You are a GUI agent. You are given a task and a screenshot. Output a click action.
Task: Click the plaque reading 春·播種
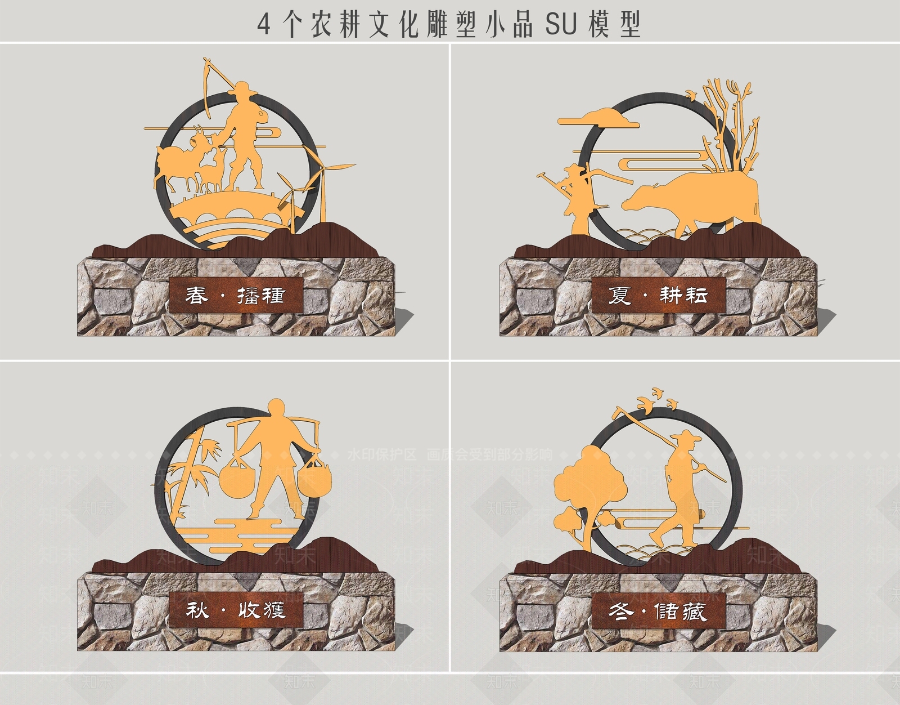pyautogui.click(x=236, y=295)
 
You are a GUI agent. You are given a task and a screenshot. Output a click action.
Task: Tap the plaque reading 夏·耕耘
pyautogui.click(x=658, y=295)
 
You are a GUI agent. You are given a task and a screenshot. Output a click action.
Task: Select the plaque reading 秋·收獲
pyautogui.click(x=236, y=610)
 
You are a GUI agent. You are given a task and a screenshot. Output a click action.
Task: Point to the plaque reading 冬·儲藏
pyautogui.click(x=658, y=611)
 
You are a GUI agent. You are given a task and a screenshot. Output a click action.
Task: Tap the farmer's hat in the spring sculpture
pyautogui.click(x=244, y=87)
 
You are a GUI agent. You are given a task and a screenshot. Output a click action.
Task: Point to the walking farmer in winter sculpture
pyautogui.click(x=681, y=484)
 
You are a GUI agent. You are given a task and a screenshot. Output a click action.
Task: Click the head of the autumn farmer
pyautogui.click(x=276, y=409)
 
